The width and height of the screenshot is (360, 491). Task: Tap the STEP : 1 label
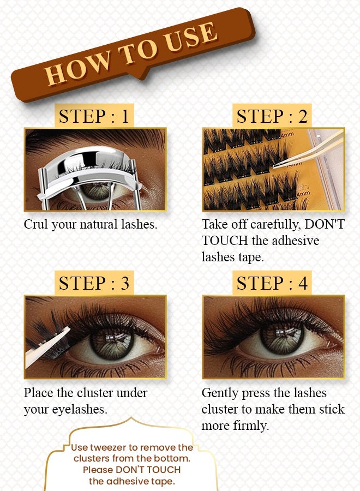pyautogui.click(x=94, y=116)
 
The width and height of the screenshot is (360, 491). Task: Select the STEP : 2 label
pyautogui.click(x=272, y=116)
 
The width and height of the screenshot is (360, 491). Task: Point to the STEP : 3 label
pyautogui.click(x=94, y=283)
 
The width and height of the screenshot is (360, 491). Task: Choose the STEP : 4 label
pyautogui.click(x=272, y=283)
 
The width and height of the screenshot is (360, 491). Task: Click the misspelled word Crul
pyautogui.click(x=36, y=224)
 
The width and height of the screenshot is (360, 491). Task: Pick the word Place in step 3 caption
pyautogui.click(x=39, y=392)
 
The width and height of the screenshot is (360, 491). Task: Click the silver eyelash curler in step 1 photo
pyautogui.click(x=90, y=164)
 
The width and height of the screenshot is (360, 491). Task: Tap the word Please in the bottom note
pyautogui.click(x=96, y=470)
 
